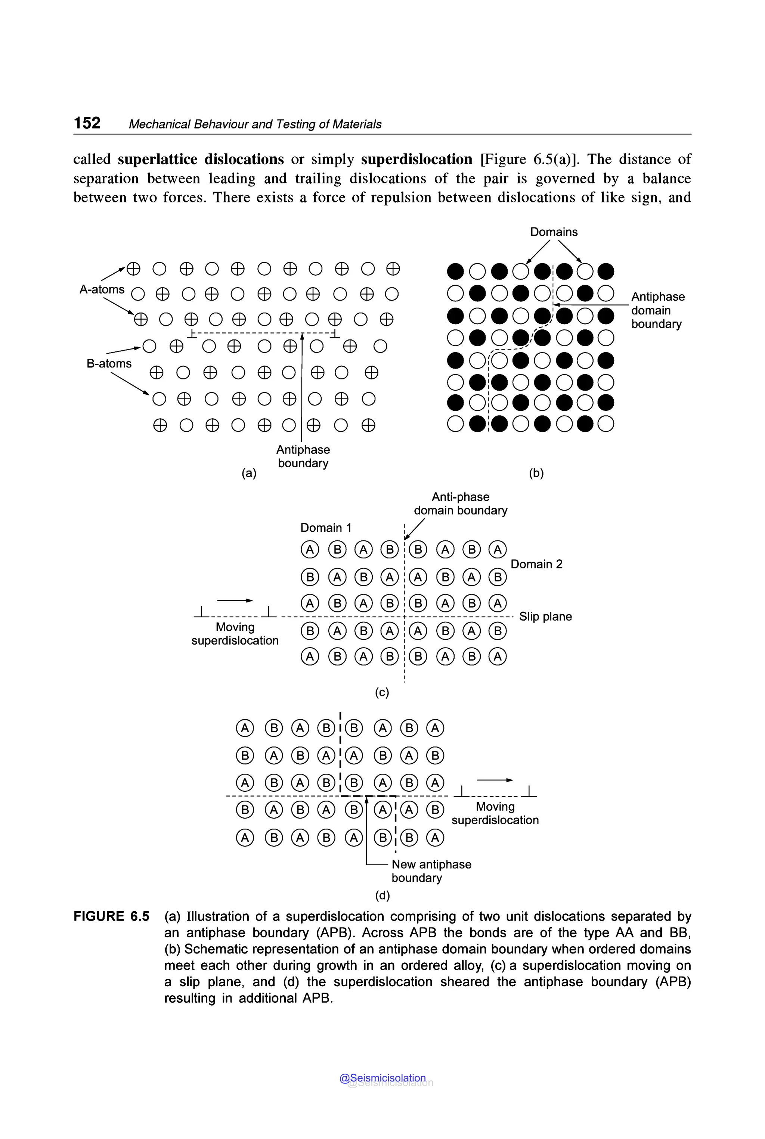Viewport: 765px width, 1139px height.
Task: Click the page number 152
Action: (87, 122)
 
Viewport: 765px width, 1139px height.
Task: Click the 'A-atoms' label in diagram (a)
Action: (102, 289)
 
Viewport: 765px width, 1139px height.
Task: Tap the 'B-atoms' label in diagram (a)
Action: (109, 363)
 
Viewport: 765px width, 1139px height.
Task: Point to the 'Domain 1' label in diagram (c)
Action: (325, 527)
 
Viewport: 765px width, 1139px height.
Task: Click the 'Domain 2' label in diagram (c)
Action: (536, 564)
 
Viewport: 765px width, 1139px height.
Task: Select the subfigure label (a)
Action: (249, 473)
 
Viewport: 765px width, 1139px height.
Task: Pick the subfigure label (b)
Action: (536, 473)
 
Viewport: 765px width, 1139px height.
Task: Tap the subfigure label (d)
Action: (382, 895)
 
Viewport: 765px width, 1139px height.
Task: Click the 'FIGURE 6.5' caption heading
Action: (111, 916)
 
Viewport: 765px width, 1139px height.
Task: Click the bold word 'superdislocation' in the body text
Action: (416, 159)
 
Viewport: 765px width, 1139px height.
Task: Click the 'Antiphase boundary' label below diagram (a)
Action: (303, 456)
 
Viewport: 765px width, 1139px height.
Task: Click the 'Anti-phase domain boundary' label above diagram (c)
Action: (460, 503)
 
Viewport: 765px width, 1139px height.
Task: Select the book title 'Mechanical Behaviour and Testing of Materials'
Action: (255, 124)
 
